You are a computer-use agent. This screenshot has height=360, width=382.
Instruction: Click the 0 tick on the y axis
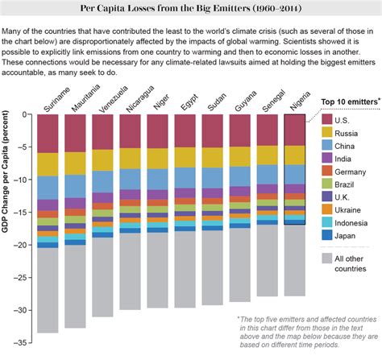[x=27, y=114]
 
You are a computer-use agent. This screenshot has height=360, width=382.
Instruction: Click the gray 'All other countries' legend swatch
[x=327, y=258]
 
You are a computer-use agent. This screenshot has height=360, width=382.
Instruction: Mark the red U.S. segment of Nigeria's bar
[x=296, y=129]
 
